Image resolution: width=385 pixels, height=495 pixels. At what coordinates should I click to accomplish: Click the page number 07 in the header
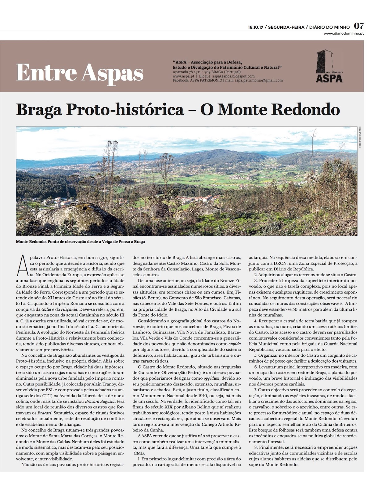359,26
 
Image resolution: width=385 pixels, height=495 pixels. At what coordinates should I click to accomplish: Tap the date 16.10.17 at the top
255,27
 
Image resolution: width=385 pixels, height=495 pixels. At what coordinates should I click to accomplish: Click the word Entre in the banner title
46,73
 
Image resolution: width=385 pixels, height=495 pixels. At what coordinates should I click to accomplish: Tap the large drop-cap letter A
23,266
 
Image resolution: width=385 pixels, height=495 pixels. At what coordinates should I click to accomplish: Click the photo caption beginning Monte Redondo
80,242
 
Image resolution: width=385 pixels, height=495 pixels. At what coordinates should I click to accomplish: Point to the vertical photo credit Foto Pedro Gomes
360,137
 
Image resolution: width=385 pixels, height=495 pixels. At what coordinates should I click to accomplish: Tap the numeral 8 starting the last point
255,447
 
